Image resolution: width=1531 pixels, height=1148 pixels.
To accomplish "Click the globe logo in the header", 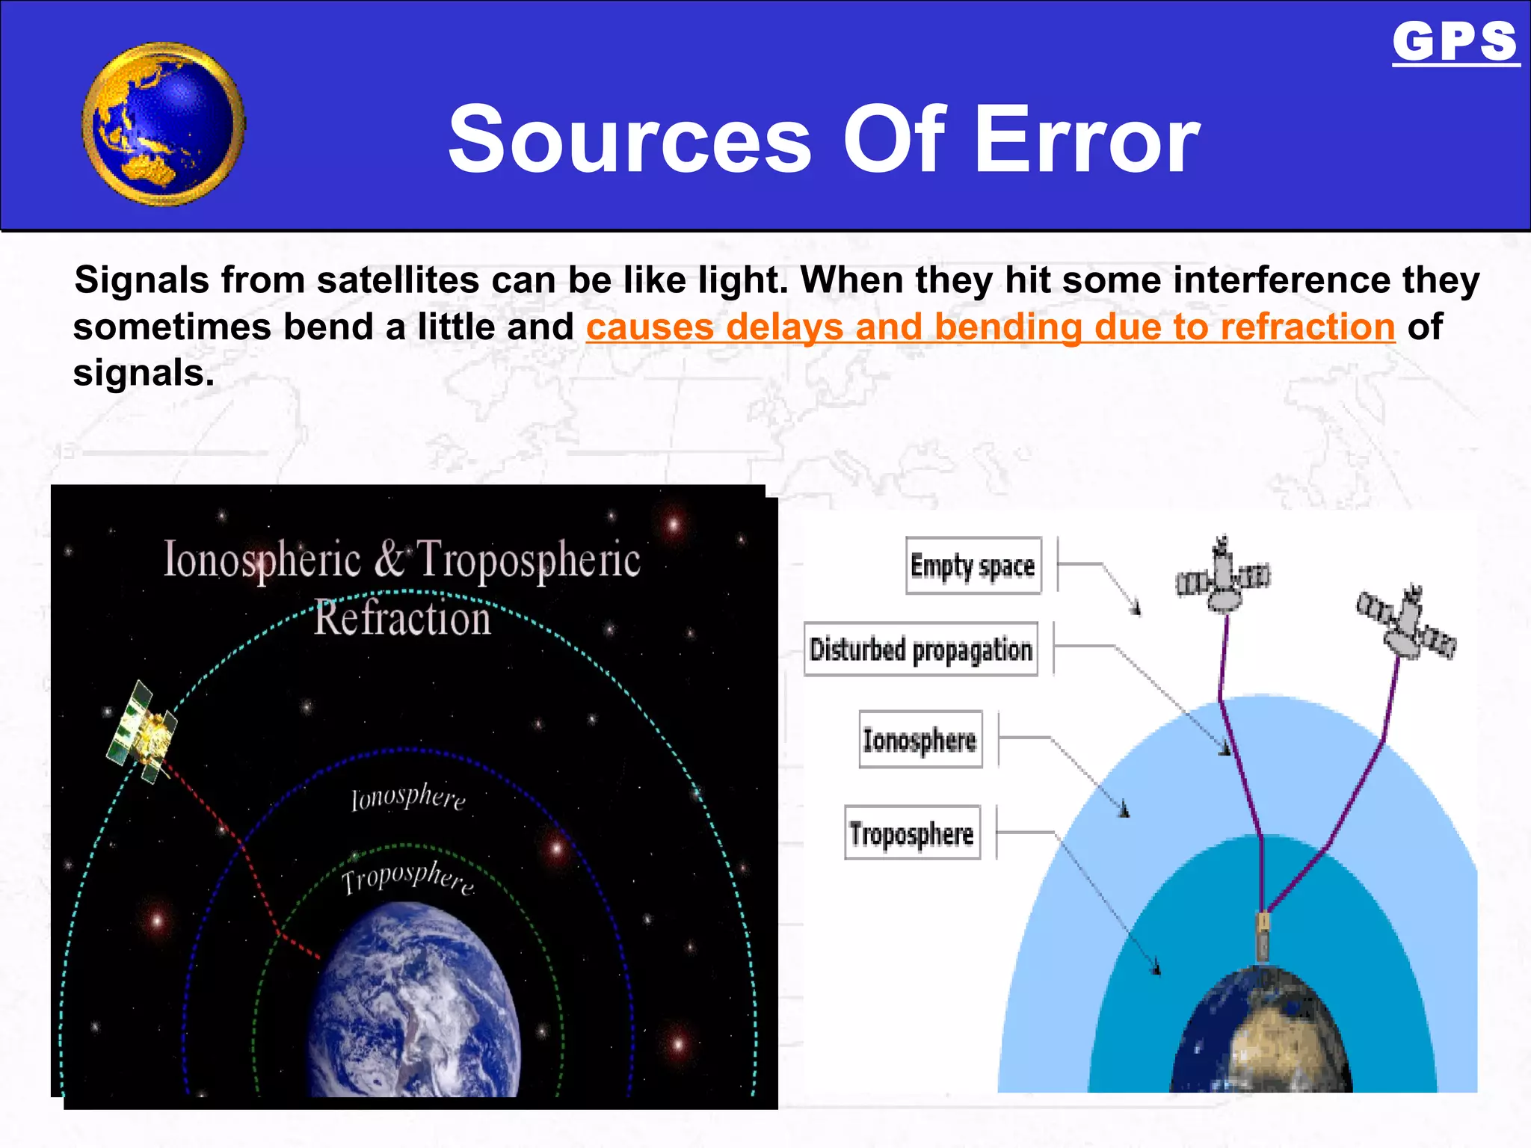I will [163, 124].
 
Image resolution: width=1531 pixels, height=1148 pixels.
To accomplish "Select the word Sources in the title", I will [629, 141].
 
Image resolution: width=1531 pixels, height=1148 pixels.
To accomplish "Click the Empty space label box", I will [973, 566].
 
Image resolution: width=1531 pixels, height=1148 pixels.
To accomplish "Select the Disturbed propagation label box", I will [921, 649].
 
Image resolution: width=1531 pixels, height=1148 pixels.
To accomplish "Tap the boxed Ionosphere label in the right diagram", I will [919, 740].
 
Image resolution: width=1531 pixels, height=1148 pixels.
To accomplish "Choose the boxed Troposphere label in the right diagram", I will [911, 833].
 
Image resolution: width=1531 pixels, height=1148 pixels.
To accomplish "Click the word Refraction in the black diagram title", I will [402, 619].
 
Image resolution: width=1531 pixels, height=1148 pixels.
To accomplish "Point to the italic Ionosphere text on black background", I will [408, 797].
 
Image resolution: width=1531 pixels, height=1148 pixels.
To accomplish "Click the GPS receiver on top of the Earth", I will [1263, 934].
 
